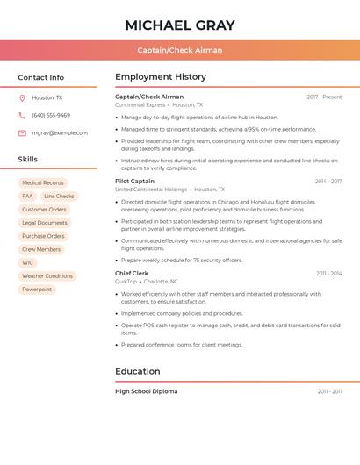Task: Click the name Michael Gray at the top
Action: (180, 25)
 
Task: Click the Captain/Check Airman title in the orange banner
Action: (180, 50)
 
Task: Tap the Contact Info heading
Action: (41, 77)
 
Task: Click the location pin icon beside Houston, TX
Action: (22, 97)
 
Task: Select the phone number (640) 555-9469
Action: (51, 115)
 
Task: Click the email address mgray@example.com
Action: (60, 132)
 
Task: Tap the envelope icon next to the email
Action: (22, 132)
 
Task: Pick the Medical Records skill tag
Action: (43, 182)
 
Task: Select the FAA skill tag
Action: (27, 197)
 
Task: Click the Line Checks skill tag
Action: (59, 197)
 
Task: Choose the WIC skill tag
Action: (28, 262)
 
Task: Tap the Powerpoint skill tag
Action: (37, 289)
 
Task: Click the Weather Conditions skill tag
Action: (47, 275)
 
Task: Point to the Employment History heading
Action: (161, 77)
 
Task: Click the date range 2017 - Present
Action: (324, 97)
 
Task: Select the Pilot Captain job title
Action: (134, 181)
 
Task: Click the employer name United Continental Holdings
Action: (151, 189)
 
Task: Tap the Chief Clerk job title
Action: (132, 273)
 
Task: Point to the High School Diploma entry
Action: (146, 391)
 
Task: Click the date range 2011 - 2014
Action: (328, 273)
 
